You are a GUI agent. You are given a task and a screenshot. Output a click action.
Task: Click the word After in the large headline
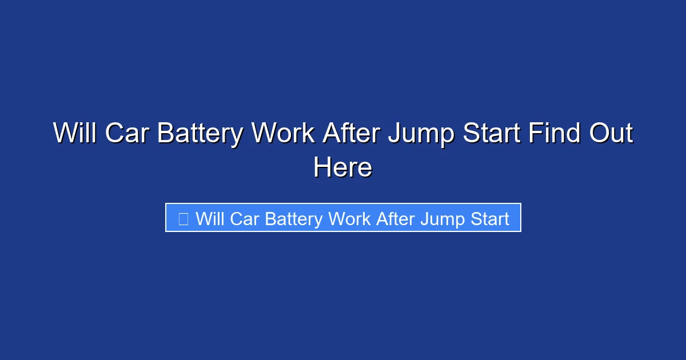pos(351,134)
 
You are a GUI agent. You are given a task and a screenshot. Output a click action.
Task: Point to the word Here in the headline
pos(343,167)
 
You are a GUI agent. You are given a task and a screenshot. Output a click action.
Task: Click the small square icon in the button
pos(183,218)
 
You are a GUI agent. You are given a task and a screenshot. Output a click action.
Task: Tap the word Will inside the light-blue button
pos(210,218)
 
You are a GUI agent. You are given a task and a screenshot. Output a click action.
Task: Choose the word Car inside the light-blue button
pos(245,218)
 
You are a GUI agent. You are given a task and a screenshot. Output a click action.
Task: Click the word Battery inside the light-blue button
pos(294,219)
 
